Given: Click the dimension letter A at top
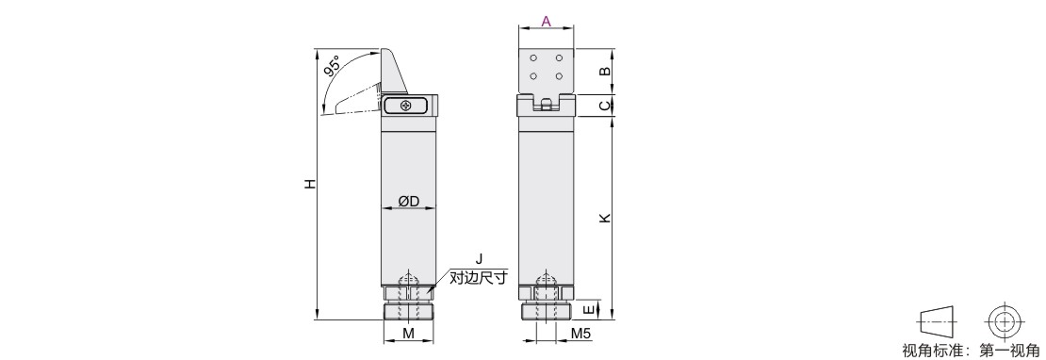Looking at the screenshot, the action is click(546, 21).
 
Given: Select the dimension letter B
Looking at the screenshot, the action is click(604, 71).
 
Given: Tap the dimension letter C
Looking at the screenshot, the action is click(604, 106).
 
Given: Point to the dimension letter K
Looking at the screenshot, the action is click(604, 218).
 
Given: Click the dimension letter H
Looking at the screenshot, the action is click(309, 184).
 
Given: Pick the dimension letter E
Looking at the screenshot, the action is click(588, 310).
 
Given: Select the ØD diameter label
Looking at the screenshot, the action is click(408, 201).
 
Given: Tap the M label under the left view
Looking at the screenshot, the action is click(408, 334).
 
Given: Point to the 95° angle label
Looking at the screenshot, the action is click(333, 67).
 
